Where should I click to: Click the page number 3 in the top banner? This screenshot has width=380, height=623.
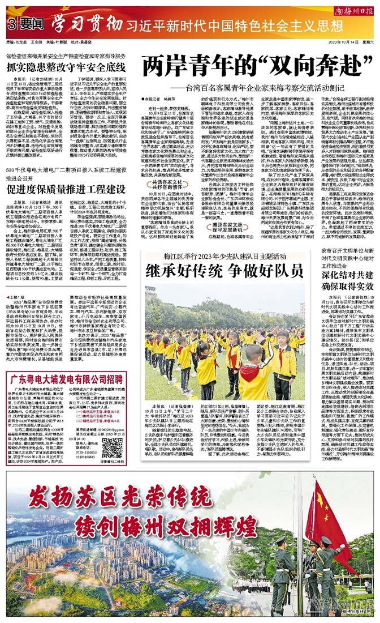[x=11, y=24]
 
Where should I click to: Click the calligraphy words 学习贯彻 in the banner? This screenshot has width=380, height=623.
[x=85, y=24]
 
